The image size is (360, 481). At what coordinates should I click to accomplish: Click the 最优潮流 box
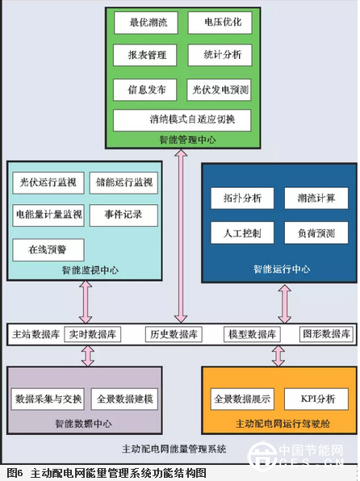tap(146, 23)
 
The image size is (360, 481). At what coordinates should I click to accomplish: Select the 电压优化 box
tap(220, 23)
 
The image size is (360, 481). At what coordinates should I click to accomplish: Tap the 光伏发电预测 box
tap(219, 90)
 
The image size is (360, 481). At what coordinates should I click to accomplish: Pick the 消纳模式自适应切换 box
tap(182, 120)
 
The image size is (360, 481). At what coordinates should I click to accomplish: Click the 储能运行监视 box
tap(123, 183)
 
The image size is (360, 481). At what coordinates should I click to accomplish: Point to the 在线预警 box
tap(48, 250)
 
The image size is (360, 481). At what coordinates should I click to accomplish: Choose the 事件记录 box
tap(123, 215)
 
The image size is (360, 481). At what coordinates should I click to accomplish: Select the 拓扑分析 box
tap(242, 199)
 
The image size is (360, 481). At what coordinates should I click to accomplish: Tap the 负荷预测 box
tap(316, 233)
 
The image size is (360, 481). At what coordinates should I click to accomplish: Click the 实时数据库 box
tap(92, 334)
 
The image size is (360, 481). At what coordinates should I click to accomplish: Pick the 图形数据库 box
tap(327, 334)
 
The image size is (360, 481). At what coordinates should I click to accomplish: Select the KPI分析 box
tap(316, 399)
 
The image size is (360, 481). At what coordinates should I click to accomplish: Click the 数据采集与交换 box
tap(48, 399)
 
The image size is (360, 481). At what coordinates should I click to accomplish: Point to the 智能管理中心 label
tap(187, 140)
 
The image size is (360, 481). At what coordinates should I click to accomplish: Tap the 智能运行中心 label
tap(282, 269)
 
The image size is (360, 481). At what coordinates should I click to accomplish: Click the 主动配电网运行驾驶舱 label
tap(283, 424)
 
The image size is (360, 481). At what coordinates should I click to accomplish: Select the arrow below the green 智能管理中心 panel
tap(181, 236)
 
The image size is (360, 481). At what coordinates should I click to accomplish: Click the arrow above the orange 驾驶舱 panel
tap(278, 356)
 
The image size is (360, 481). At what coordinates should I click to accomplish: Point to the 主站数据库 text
tap(36, 334)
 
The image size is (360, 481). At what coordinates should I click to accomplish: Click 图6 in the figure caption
tap(15, 473)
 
